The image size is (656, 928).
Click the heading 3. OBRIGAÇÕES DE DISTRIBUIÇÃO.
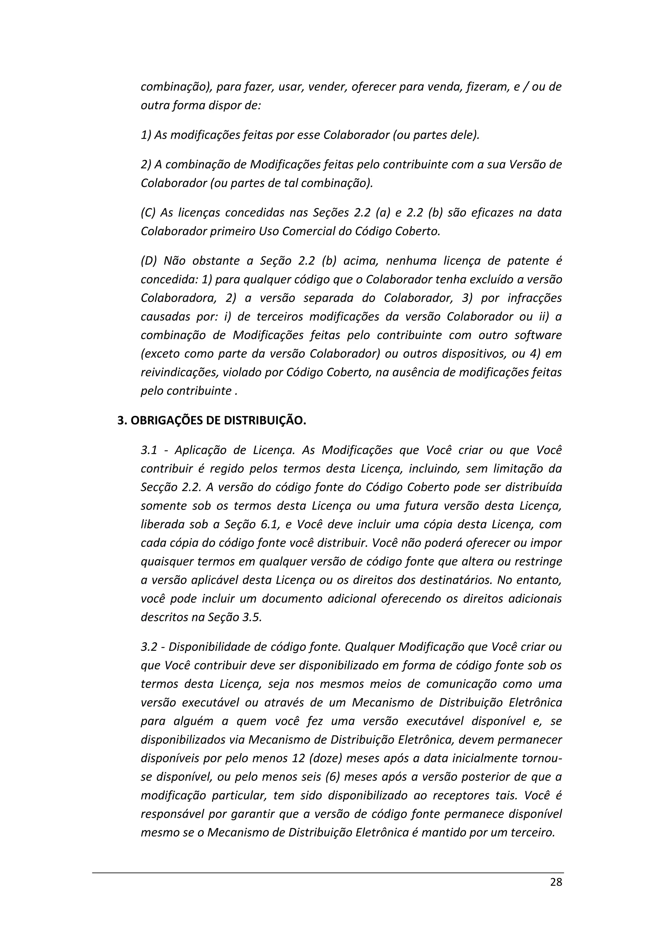[x=212, y=421]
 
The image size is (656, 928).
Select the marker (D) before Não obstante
[x=149, y=261]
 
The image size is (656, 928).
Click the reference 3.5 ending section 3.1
[x=252, y=617]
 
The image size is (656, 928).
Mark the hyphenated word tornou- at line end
[x=542, y=758]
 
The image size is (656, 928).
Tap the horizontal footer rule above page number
[x=328, y=873]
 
